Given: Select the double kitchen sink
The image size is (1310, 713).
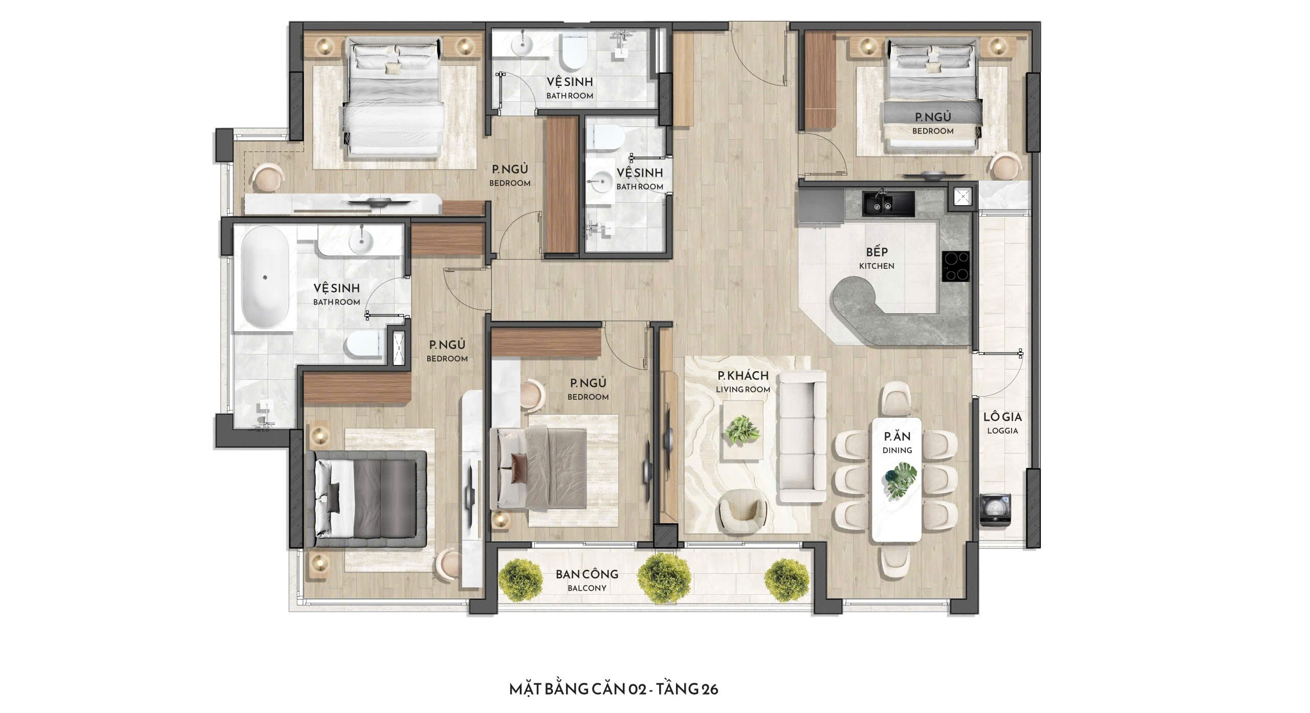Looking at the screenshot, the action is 889,202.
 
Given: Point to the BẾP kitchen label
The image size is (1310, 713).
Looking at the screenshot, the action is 877,258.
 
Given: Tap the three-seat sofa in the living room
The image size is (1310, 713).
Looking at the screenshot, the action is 802,437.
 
